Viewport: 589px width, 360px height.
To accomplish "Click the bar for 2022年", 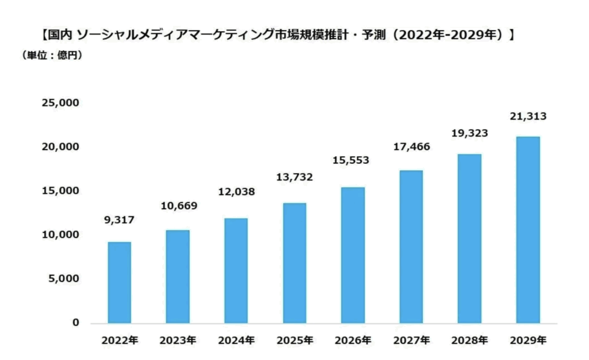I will pos(119,282).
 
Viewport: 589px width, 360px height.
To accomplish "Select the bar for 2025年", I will pos(294,263).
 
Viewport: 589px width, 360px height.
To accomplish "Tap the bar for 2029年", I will pos(527,229).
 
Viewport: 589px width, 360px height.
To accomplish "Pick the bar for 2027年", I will pos(411,246).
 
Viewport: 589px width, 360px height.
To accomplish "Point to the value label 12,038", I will pos(236,192).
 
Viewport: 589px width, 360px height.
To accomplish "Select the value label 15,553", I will pos(353,160).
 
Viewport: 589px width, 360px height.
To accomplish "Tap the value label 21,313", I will pos(527,117).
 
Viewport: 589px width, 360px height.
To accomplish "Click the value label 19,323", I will pos(469,133).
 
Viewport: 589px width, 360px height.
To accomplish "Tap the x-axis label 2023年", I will pos(177,340).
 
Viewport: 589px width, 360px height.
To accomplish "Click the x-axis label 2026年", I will pos(353,340).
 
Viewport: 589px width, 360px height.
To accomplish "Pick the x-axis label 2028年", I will pos(469,340).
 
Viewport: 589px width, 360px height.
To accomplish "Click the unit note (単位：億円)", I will pos(51,55).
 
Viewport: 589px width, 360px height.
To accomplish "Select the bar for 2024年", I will pos(236,270).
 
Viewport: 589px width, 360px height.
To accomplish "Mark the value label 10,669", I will pos(178,206).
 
